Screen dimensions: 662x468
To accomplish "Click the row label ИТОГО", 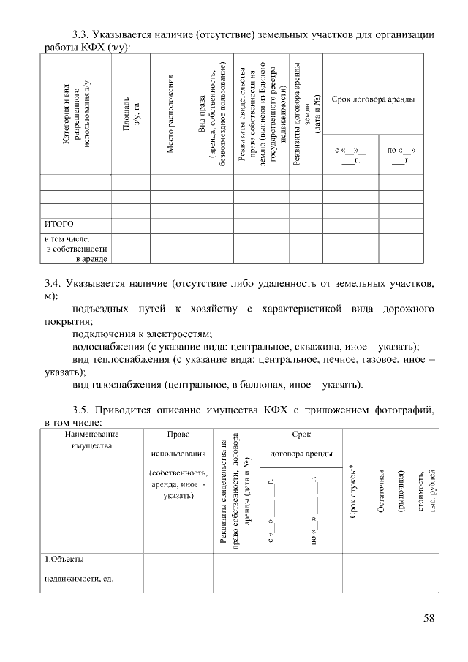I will point(58,224).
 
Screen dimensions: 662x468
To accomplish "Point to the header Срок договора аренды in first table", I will point(373,99).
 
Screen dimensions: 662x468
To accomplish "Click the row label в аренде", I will point(93,258).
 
